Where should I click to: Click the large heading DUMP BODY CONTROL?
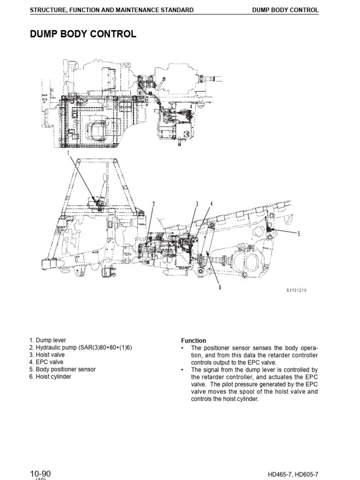pos(83,34)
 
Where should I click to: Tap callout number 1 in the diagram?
pos(68,153)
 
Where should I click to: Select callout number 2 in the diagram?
pos(153,203)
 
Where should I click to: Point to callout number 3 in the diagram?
pos(197,203)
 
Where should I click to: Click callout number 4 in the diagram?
pos(211,203)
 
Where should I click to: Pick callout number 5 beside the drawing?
pos(299,232)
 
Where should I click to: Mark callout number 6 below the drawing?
pos(219,287)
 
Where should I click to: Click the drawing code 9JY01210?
pos(297,291)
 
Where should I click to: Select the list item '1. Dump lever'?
pos(47,340)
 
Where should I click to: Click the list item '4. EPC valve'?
pos(46,362)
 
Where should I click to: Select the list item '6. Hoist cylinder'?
pos(50,376)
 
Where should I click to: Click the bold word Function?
pos(194,341)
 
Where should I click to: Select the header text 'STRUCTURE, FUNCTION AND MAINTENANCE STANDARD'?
pos(112,10)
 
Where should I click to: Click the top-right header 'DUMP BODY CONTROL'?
pos(285,10)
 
